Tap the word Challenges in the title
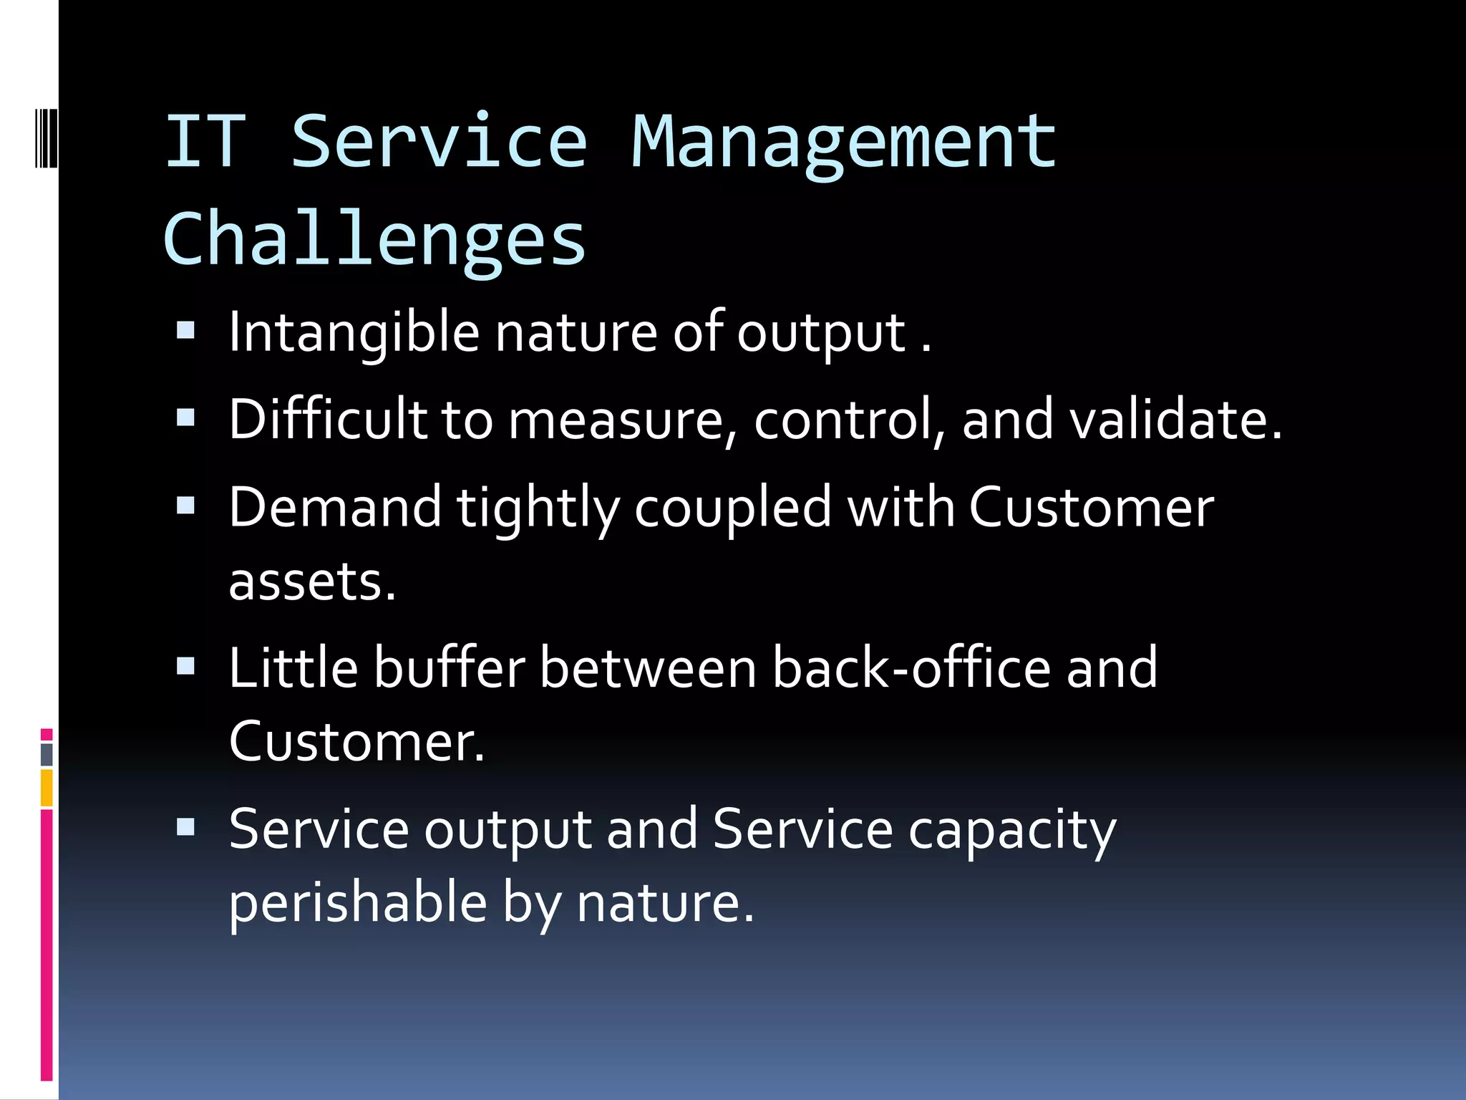[374, 240]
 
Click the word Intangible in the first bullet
[354, 332]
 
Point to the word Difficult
[327, 419]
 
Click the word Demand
[335, 507]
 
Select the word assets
[312, 582]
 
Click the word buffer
[450, 667]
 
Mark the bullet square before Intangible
[185, 330]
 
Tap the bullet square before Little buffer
[185, 667]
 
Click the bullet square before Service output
[185, 828]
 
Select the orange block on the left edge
[47, 788]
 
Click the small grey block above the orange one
[47, 754]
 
